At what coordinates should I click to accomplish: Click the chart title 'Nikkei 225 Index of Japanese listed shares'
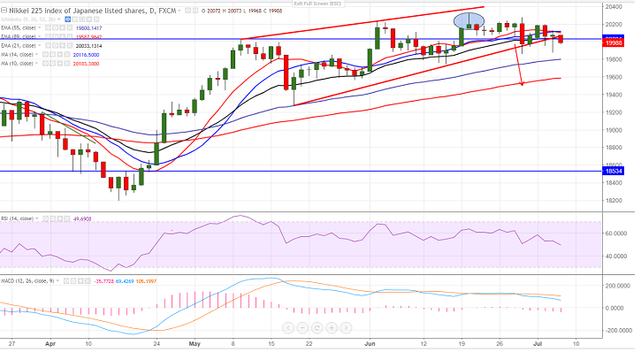[x=76, y=11]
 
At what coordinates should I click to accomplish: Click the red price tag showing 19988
[x=619, y=42]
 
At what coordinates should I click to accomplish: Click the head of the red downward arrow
[x=521, y=84]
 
